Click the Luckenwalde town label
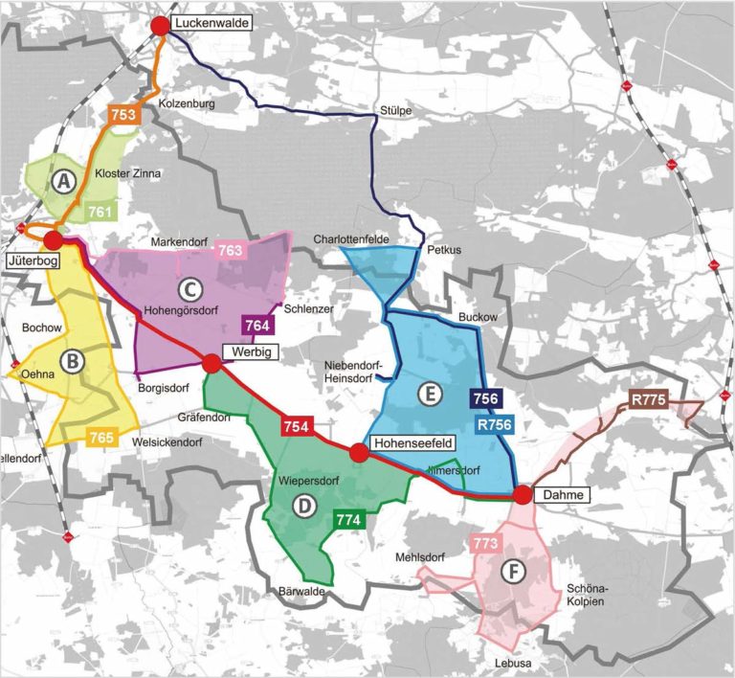point(210,21)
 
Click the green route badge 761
point(100,212)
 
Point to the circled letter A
point(64,180)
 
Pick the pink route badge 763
point(231,251)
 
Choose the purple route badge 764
point(257,325)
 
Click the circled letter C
point(190,286)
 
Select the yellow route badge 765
point(101,438)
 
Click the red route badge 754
point(297,426)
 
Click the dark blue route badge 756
point(486,397)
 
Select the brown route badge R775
point(647,400)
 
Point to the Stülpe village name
point(395,110)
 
